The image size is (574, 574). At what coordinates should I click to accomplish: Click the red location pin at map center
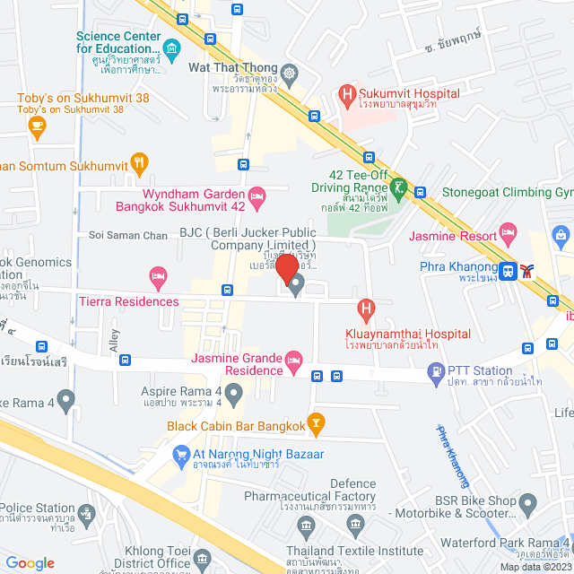pos(287,270)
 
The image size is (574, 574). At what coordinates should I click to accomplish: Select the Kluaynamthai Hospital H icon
pos(366,311)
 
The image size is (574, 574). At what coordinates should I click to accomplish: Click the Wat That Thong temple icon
pos(289,72)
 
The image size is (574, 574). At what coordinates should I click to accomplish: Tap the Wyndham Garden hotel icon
pos(257,194)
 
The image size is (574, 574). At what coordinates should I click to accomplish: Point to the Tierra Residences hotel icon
pos(159,278)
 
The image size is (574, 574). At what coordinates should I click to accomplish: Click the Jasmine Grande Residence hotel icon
pos(292,361)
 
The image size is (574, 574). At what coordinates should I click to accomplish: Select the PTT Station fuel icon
pos(436,370)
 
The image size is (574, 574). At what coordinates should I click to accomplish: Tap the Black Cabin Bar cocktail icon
pos(316,422)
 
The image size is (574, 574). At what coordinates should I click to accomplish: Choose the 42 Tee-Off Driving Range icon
pos(398,188)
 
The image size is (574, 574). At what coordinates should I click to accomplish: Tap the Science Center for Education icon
pos(171,47)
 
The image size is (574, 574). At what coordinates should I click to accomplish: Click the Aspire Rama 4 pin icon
pos(234,392)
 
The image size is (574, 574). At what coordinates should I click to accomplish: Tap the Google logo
pos(30,562)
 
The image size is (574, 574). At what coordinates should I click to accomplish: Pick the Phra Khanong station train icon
pos(509,269)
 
